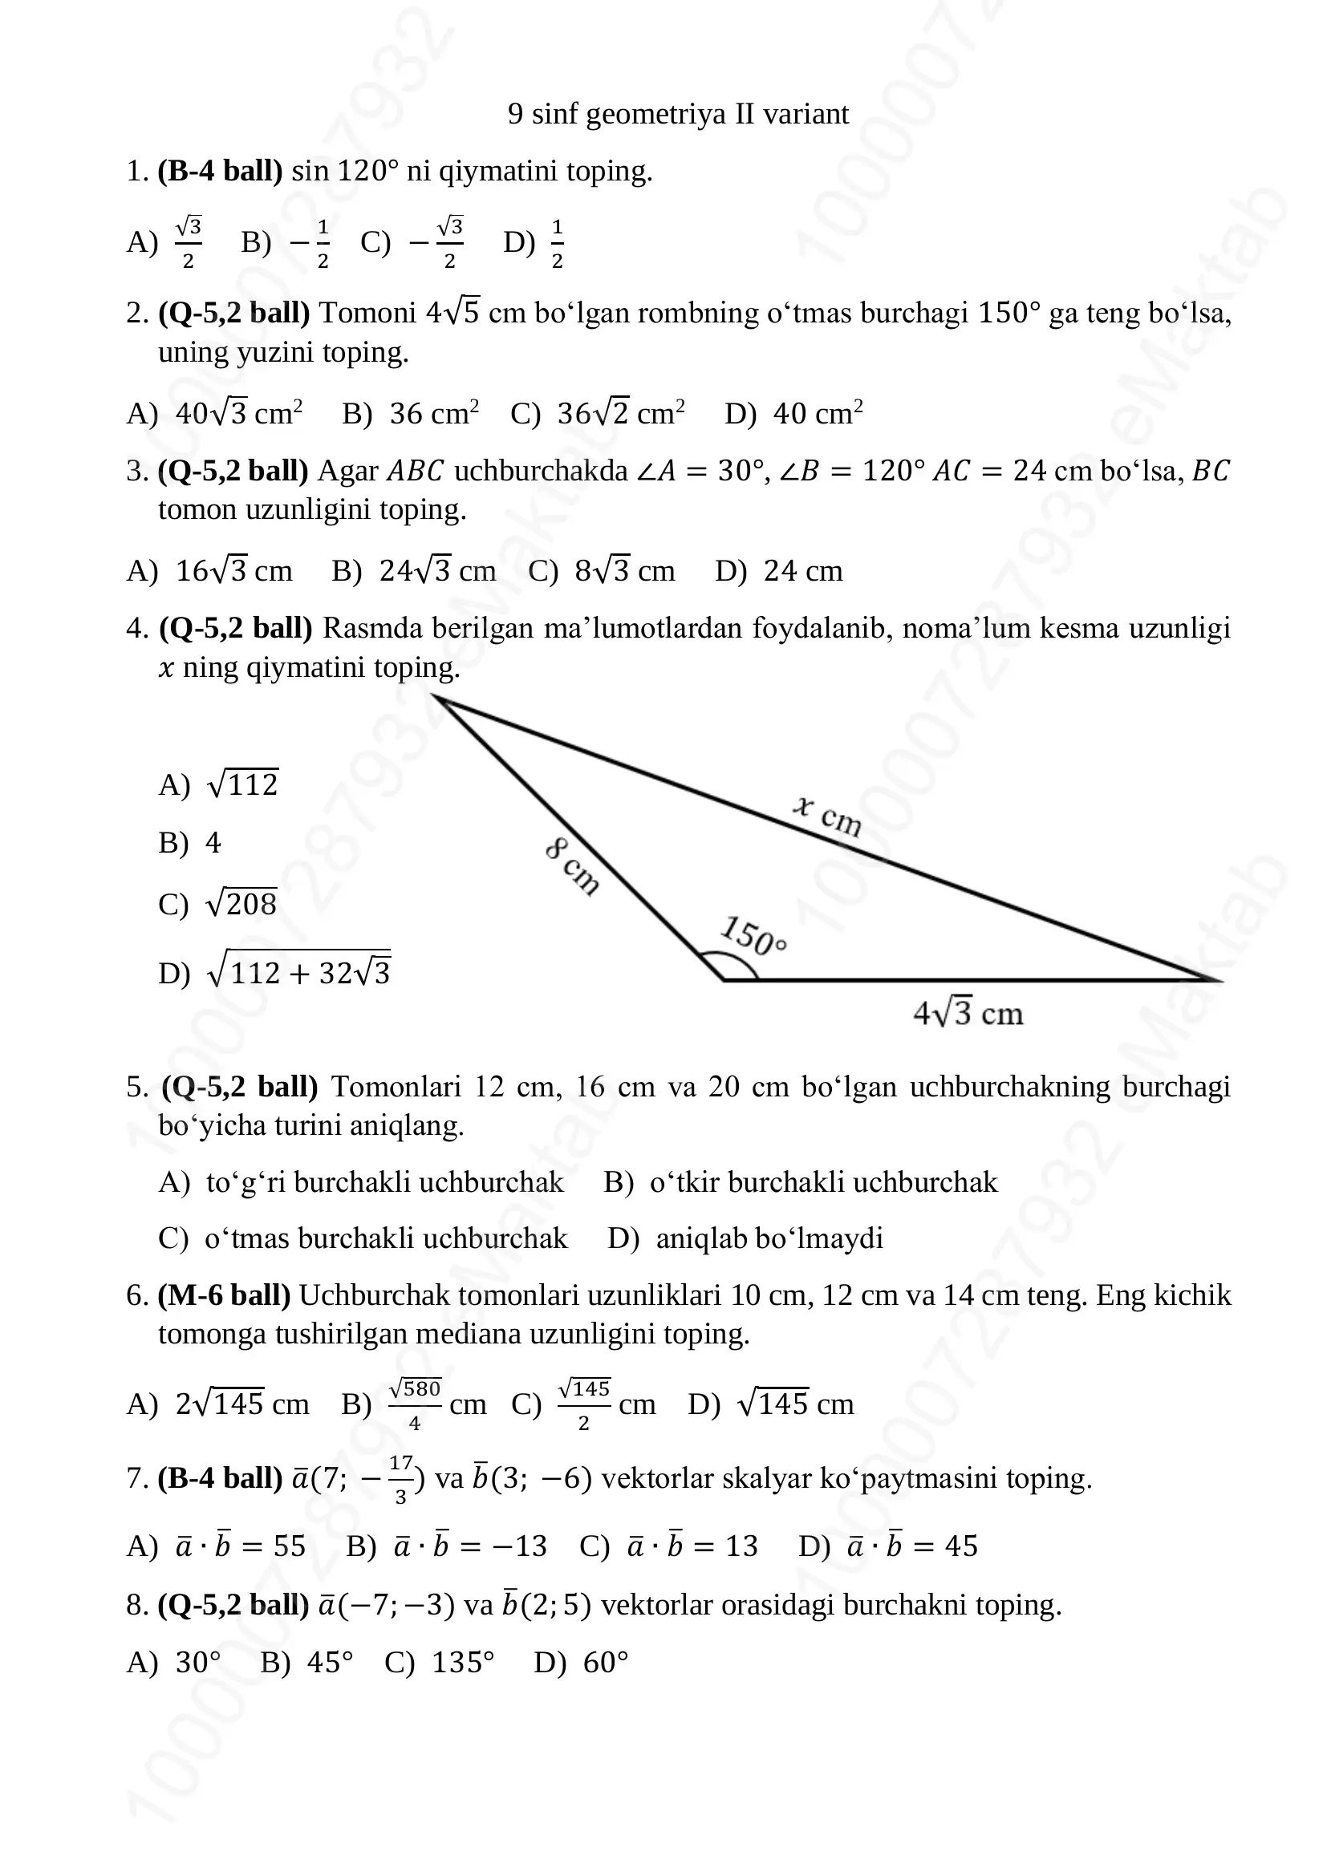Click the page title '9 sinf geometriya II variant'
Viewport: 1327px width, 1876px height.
[677, 114]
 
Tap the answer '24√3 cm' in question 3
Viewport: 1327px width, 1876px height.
[437, 571]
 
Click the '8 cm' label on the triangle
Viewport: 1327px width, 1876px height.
[572, 866]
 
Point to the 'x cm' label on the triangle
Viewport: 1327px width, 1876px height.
[827, 816]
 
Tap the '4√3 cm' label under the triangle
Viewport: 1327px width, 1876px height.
[968, 1014]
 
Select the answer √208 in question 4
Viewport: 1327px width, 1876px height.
[241, 904]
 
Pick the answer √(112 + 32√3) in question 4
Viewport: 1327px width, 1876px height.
[299, 972]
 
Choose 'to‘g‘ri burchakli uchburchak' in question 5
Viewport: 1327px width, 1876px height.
[384, 1182]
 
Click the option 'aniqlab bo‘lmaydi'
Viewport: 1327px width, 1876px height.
[769, 1238]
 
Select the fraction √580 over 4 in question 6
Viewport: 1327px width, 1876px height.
[414, 1404]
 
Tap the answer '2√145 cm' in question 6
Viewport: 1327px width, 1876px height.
[241, 1404]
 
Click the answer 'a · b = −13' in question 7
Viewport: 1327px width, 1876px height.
[470, 1546]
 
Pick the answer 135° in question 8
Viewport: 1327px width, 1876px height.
[462, 1663]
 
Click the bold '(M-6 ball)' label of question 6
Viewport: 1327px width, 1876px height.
[224, 1295]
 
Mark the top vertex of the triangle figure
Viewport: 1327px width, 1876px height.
[434, 696]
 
